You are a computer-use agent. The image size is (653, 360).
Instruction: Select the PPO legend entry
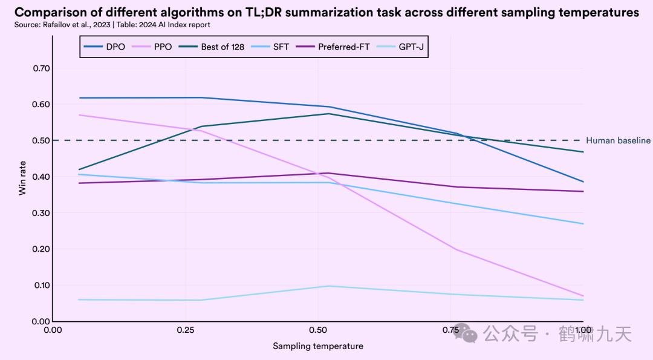click(152, 47)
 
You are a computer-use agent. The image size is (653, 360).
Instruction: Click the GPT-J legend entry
click(403, 47)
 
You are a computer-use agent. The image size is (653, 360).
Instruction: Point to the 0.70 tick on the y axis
click(41, 68)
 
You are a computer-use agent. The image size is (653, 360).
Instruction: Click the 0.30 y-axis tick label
click(41, 213)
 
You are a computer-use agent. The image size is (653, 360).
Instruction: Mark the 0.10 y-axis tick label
click(41, 285)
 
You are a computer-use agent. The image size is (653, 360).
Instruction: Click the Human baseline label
click(618, 140)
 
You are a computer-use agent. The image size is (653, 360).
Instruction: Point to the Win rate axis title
click(22, 177)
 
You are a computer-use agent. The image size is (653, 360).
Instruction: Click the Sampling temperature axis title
click(318, 346)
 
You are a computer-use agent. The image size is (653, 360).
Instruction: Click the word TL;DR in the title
click(285, 13)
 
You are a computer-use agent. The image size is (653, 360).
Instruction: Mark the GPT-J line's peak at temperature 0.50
click(328, 286)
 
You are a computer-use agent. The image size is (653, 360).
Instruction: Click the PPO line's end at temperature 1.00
click(583, 296)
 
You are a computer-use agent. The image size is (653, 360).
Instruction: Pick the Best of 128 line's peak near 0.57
click(328, 114)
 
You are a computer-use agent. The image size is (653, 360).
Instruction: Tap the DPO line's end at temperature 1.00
click(583, 182)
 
